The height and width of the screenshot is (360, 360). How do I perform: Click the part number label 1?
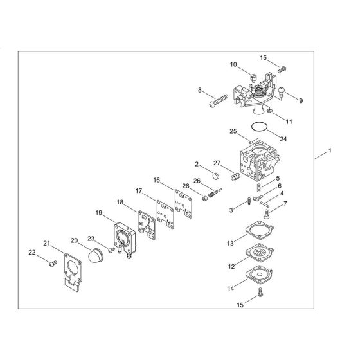click(330, 152)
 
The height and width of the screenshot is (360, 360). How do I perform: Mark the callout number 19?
click(98, 213)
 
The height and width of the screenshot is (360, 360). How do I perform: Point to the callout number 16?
click(156, 180)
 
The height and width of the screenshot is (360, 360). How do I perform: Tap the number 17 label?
click(138, 191)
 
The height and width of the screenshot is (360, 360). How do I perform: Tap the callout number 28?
click(186, 186)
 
